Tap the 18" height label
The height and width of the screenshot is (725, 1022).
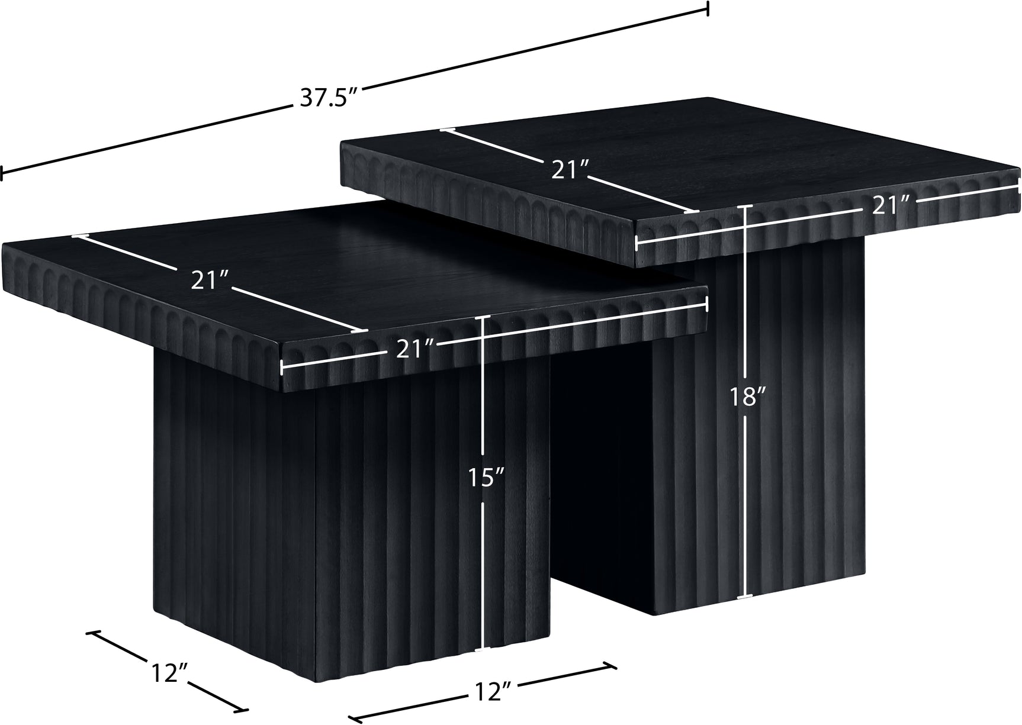(745, 396)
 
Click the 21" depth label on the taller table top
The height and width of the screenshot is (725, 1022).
(570, 170)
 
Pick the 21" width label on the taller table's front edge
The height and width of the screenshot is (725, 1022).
(893, 207)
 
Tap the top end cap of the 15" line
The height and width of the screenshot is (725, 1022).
(484, 316)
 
